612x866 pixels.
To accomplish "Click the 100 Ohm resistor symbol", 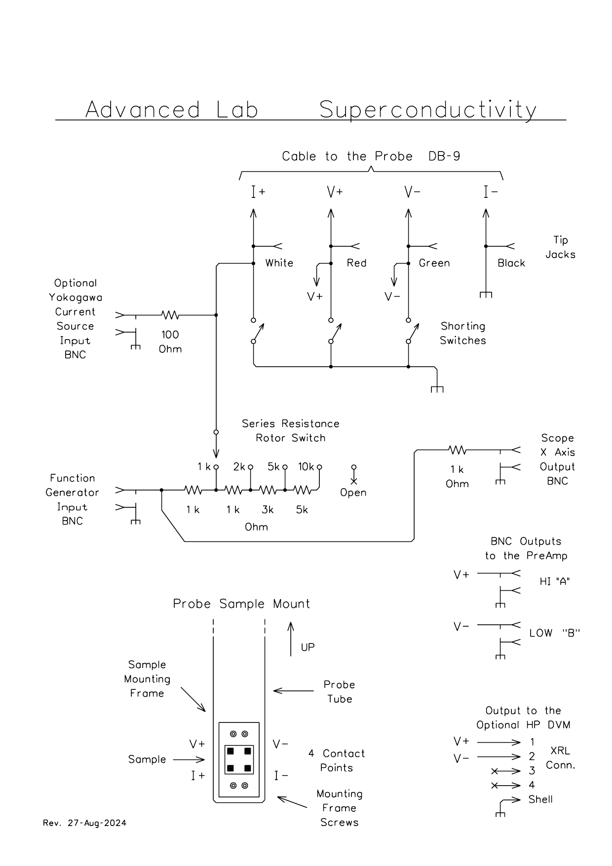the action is click(170, 315).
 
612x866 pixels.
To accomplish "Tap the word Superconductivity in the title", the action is click(428, 110).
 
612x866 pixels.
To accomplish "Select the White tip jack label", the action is click(279, 263).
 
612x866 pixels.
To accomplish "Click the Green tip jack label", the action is click(434, 263).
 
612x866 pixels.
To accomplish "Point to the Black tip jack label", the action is click(511, 263).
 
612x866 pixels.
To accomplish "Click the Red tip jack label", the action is click(356, 263).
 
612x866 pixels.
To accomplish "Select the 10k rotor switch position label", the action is click(306, 467).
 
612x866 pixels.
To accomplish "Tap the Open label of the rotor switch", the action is click(353, 492).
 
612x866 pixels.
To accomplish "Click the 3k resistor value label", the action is click(268, 510).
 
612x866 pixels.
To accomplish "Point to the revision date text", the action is click(84, 823).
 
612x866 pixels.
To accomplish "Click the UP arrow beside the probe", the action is click(291, 639).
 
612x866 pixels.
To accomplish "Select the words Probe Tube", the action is click(339, 692).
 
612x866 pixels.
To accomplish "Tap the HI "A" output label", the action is click(555, 581).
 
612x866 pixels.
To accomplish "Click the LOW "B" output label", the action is click(554, 633).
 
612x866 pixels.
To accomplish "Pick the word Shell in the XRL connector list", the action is click(540, 799).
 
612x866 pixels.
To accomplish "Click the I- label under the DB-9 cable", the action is click(491, 192).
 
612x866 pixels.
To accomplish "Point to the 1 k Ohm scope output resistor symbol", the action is click(457, 450).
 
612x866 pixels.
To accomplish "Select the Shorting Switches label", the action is click(463, 333).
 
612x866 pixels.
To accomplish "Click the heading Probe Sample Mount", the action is click(241, 604).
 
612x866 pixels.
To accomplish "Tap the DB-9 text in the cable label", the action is click(445, 156).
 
